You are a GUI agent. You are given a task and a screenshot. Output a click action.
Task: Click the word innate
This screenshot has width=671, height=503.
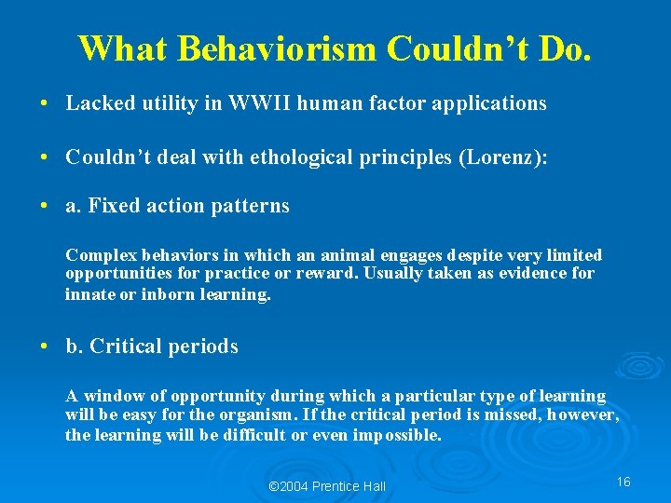tap(88, 294)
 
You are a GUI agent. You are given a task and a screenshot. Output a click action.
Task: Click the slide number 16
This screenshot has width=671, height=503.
tap(623, 482)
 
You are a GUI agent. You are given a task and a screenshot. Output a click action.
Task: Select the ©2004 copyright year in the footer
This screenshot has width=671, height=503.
tap(288, 486)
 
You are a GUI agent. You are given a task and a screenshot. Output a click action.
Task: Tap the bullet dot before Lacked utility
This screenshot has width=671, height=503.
tap(46, 104)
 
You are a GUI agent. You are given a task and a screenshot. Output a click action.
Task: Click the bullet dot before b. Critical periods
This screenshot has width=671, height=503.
tap(46, 347)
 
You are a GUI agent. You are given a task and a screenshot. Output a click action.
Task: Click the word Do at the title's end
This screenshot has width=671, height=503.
tap(563, 48)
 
